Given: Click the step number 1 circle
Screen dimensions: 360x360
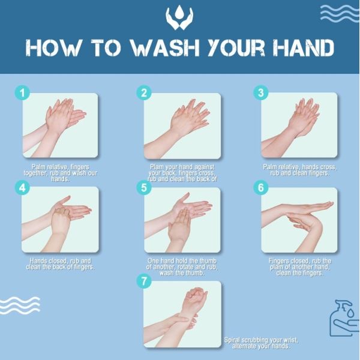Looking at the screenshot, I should pos(22,93).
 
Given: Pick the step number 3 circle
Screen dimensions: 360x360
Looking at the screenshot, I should pos(260,93).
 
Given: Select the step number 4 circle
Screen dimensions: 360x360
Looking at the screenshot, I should pos(22,187).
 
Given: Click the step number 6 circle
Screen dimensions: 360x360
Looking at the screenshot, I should pos(260,187).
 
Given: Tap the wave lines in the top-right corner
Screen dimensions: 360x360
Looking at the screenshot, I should pos(339,13).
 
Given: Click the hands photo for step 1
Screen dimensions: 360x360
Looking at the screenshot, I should pos(60,125).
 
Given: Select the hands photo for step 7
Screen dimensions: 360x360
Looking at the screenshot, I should pos(182,314).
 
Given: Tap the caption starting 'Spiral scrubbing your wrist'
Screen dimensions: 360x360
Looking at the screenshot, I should pos(260,343).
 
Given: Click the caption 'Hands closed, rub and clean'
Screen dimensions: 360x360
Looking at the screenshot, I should pos(61,264).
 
